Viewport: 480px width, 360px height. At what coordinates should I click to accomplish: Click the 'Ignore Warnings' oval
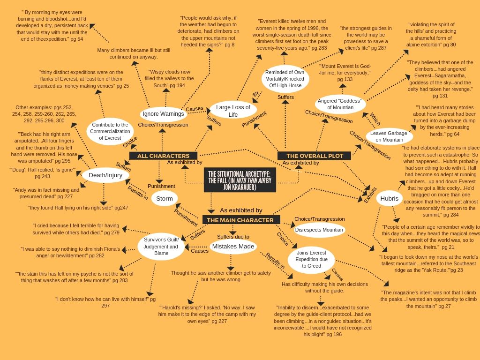(163, 114)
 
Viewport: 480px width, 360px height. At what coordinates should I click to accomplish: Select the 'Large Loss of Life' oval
(233, 111)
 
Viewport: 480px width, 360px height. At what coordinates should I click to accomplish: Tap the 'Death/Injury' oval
(105, 175)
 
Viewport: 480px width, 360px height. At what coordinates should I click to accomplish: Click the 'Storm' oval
(165, 198)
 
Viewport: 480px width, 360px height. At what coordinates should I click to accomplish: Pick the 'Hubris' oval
(389, 198)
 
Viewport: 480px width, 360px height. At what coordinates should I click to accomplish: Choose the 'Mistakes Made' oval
(233, 247)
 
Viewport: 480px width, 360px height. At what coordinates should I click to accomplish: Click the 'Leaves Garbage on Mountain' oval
(389, 136)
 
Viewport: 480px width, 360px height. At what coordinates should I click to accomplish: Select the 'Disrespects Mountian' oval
(319, 230)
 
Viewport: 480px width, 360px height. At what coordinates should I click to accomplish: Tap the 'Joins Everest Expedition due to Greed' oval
(311, 259)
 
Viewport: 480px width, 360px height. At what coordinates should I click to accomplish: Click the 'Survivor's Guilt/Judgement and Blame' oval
(161, 247)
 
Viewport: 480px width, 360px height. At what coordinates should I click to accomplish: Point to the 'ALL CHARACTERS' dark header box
(163, 156)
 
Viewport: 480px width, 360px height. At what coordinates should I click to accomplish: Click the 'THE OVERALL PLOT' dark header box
(315, 156)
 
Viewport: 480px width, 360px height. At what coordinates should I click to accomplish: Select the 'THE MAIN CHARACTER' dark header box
(240, 220)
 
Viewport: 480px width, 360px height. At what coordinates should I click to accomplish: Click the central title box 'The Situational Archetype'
(240, 180)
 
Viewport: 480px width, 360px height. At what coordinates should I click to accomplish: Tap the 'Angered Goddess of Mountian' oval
(340, 104)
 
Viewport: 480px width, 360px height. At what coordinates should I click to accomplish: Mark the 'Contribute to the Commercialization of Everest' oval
(110, 131)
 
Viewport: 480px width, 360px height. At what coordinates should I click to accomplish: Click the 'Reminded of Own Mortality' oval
(285, 79)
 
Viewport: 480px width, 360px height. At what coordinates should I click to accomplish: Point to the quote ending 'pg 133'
(345, 73)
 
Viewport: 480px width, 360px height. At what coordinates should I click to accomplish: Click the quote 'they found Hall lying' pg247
(78, 208)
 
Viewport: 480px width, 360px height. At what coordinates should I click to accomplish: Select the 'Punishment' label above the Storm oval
(161, 186)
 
